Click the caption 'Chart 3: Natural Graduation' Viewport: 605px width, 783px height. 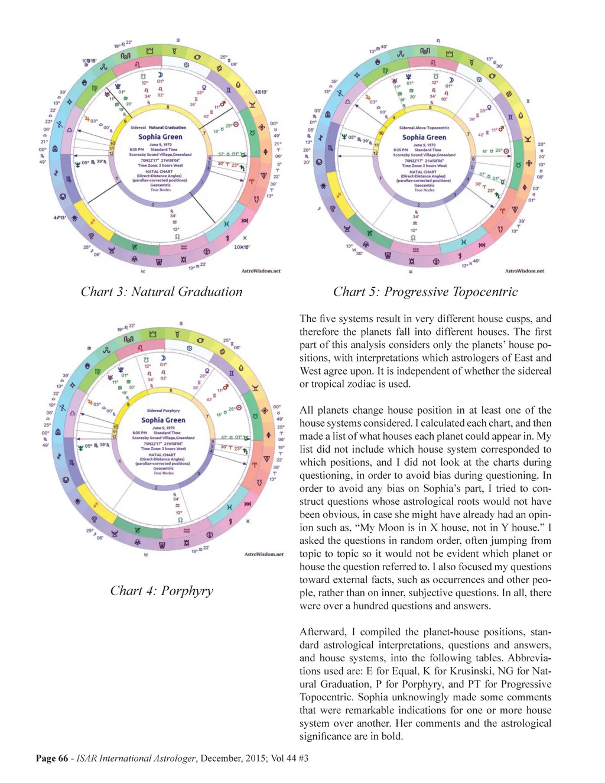[161, 292]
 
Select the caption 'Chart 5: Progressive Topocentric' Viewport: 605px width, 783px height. [425, 292]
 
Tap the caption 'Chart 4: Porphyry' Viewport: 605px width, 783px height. [161, 591]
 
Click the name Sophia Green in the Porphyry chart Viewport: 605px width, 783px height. [163, 420]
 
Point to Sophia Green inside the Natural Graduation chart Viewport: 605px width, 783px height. [160, 137]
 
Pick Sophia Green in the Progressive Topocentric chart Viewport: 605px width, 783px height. [424, 137]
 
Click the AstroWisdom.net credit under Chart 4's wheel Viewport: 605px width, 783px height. [264, 554]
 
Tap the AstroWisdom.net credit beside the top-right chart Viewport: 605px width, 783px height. [524, 271]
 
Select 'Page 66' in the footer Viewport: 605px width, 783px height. [52, 758]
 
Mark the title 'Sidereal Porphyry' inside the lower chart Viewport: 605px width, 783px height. [163, 411]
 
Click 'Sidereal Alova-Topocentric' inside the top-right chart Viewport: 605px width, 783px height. [424, 128]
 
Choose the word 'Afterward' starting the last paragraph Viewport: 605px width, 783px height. [323, 632]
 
